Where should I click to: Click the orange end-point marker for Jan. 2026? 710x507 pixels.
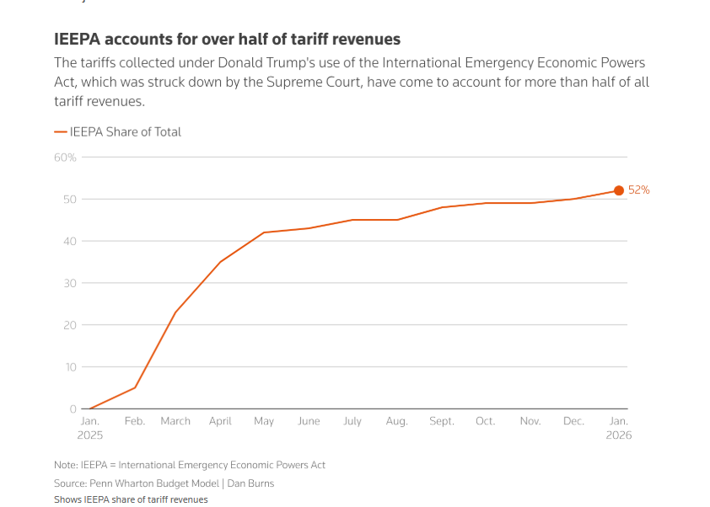[619, 190]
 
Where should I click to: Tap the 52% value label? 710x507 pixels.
[639, 190]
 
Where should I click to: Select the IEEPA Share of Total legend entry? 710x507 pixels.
[118, 131]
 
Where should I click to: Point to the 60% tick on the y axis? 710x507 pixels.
[66, 157]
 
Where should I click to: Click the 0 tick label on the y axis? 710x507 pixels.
[73, 409]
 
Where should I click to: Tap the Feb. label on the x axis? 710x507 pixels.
[134, 421]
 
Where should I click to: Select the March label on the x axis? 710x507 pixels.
[175, 421]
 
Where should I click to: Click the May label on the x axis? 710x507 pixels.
[264, 421]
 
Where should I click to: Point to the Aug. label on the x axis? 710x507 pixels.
[396, 421]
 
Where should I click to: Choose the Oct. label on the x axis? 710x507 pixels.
[485, 421]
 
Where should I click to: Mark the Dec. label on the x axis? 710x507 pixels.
[573, 421]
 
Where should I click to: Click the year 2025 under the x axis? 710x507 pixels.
[89, 435]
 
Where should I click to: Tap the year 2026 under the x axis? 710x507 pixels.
[618, 435]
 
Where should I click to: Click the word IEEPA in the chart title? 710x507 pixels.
[78, 40]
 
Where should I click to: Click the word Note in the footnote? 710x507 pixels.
[66, 465]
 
